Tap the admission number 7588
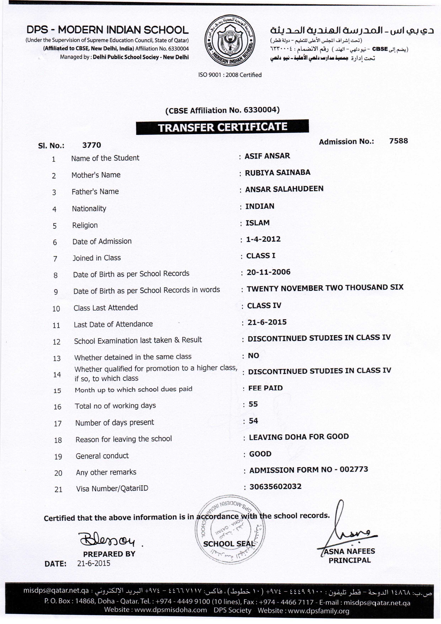[398, 141]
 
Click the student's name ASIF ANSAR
[267, 156]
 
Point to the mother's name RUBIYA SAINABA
[277, 173]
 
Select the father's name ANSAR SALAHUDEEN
[284, 189]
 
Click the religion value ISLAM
[257, 223]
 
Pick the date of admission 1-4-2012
[263, 239]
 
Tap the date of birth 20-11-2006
[268, 272]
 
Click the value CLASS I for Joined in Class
[261, 256]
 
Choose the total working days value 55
[253, 404]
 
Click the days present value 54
[253, 421]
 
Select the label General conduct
[102, 456]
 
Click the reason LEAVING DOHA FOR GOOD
[299, 437]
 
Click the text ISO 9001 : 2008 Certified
[230, 75]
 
